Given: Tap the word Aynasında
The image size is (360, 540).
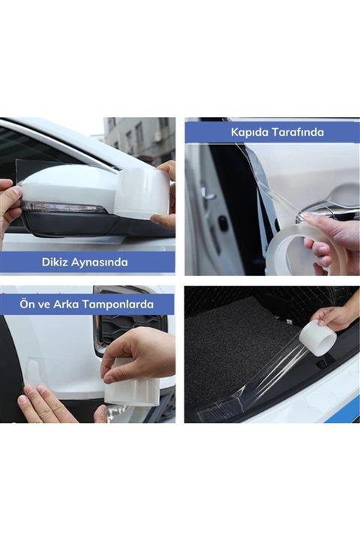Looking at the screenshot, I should click(x=102, y=262).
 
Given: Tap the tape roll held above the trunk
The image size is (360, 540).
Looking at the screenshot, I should click(x=318, y=337).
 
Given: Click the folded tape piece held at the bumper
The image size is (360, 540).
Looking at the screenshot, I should click(x=132, y=387).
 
